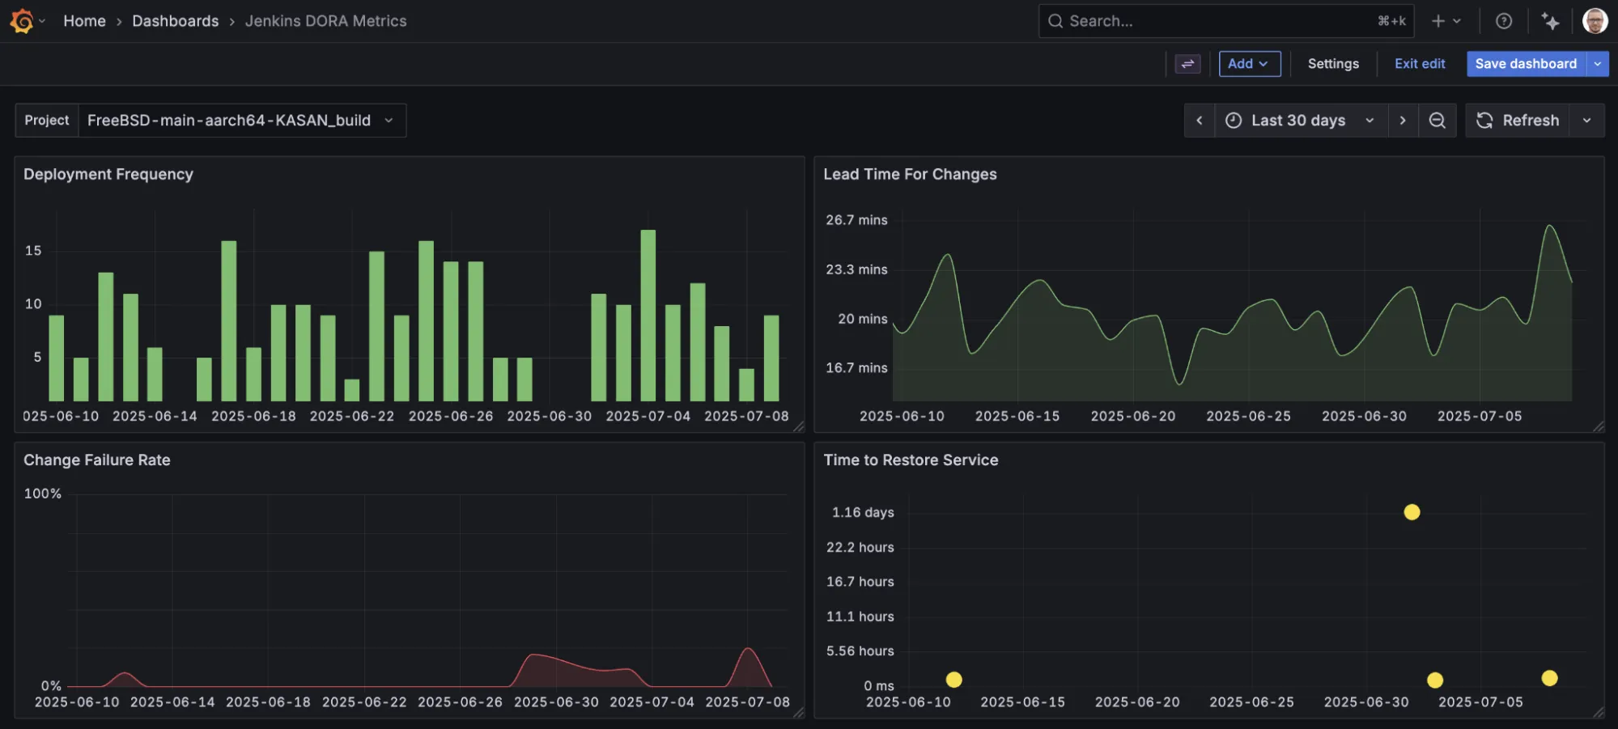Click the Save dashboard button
point(1525,64)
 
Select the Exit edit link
point(1419,64)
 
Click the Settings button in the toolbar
point(1332,64)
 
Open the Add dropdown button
point(1249,64)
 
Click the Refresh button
point(1518,121)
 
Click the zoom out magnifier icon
point(1437,121)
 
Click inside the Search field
point(1214,21)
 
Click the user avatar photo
point(1595,21)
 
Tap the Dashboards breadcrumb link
point(175,21)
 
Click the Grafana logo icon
point(22,21)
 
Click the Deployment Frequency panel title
point(108,175)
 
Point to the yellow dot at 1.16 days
point(1412,512)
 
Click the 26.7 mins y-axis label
point(856,220)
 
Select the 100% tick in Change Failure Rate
point(43,494)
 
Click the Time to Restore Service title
point(911,460)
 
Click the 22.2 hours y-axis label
point(860,548)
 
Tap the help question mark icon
point(1503,21)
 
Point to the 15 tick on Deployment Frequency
point(33,251)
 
